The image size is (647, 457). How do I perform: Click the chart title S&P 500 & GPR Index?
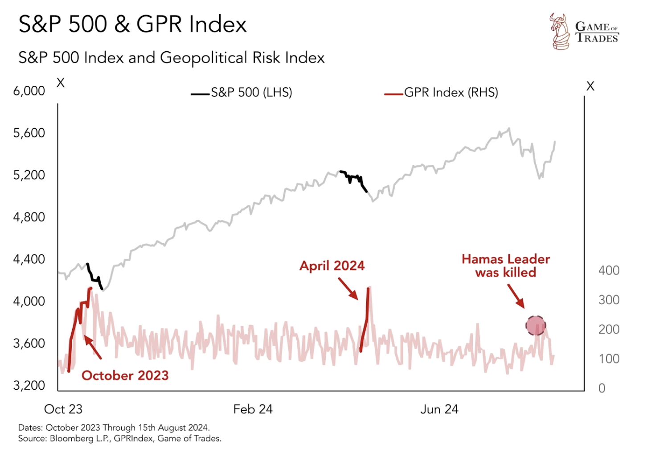(x=132, y=24)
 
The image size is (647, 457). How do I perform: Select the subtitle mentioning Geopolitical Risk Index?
(x=171, y=58)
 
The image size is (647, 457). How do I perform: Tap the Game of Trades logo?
(x=584, y=31)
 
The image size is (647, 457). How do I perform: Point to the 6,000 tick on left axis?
(x=29, y=91)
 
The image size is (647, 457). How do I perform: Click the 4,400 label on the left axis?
(x=29, y=259)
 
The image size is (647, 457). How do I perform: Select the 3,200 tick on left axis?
(x=29, y=385)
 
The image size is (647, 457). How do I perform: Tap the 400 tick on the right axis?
(x=609, y=270)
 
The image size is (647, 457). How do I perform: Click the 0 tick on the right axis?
(x=602, y=388)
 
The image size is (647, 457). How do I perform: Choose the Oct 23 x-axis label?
(x=63, y=409)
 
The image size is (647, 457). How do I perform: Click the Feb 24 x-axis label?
(x=253, y=409)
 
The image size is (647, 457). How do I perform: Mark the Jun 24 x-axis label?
(x=439, y=409)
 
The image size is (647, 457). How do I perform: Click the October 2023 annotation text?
(x=125, y=375)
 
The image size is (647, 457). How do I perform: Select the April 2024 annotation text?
(x=332, y=266)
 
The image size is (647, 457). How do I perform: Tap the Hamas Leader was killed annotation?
(x=506, y=266)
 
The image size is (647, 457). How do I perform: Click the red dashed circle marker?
(x=536, y=326)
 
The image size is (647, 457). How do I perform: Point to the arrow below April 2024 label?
(x=348, y=289)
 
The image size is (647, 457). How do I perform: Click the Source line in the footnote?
(x=119, y=439)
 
